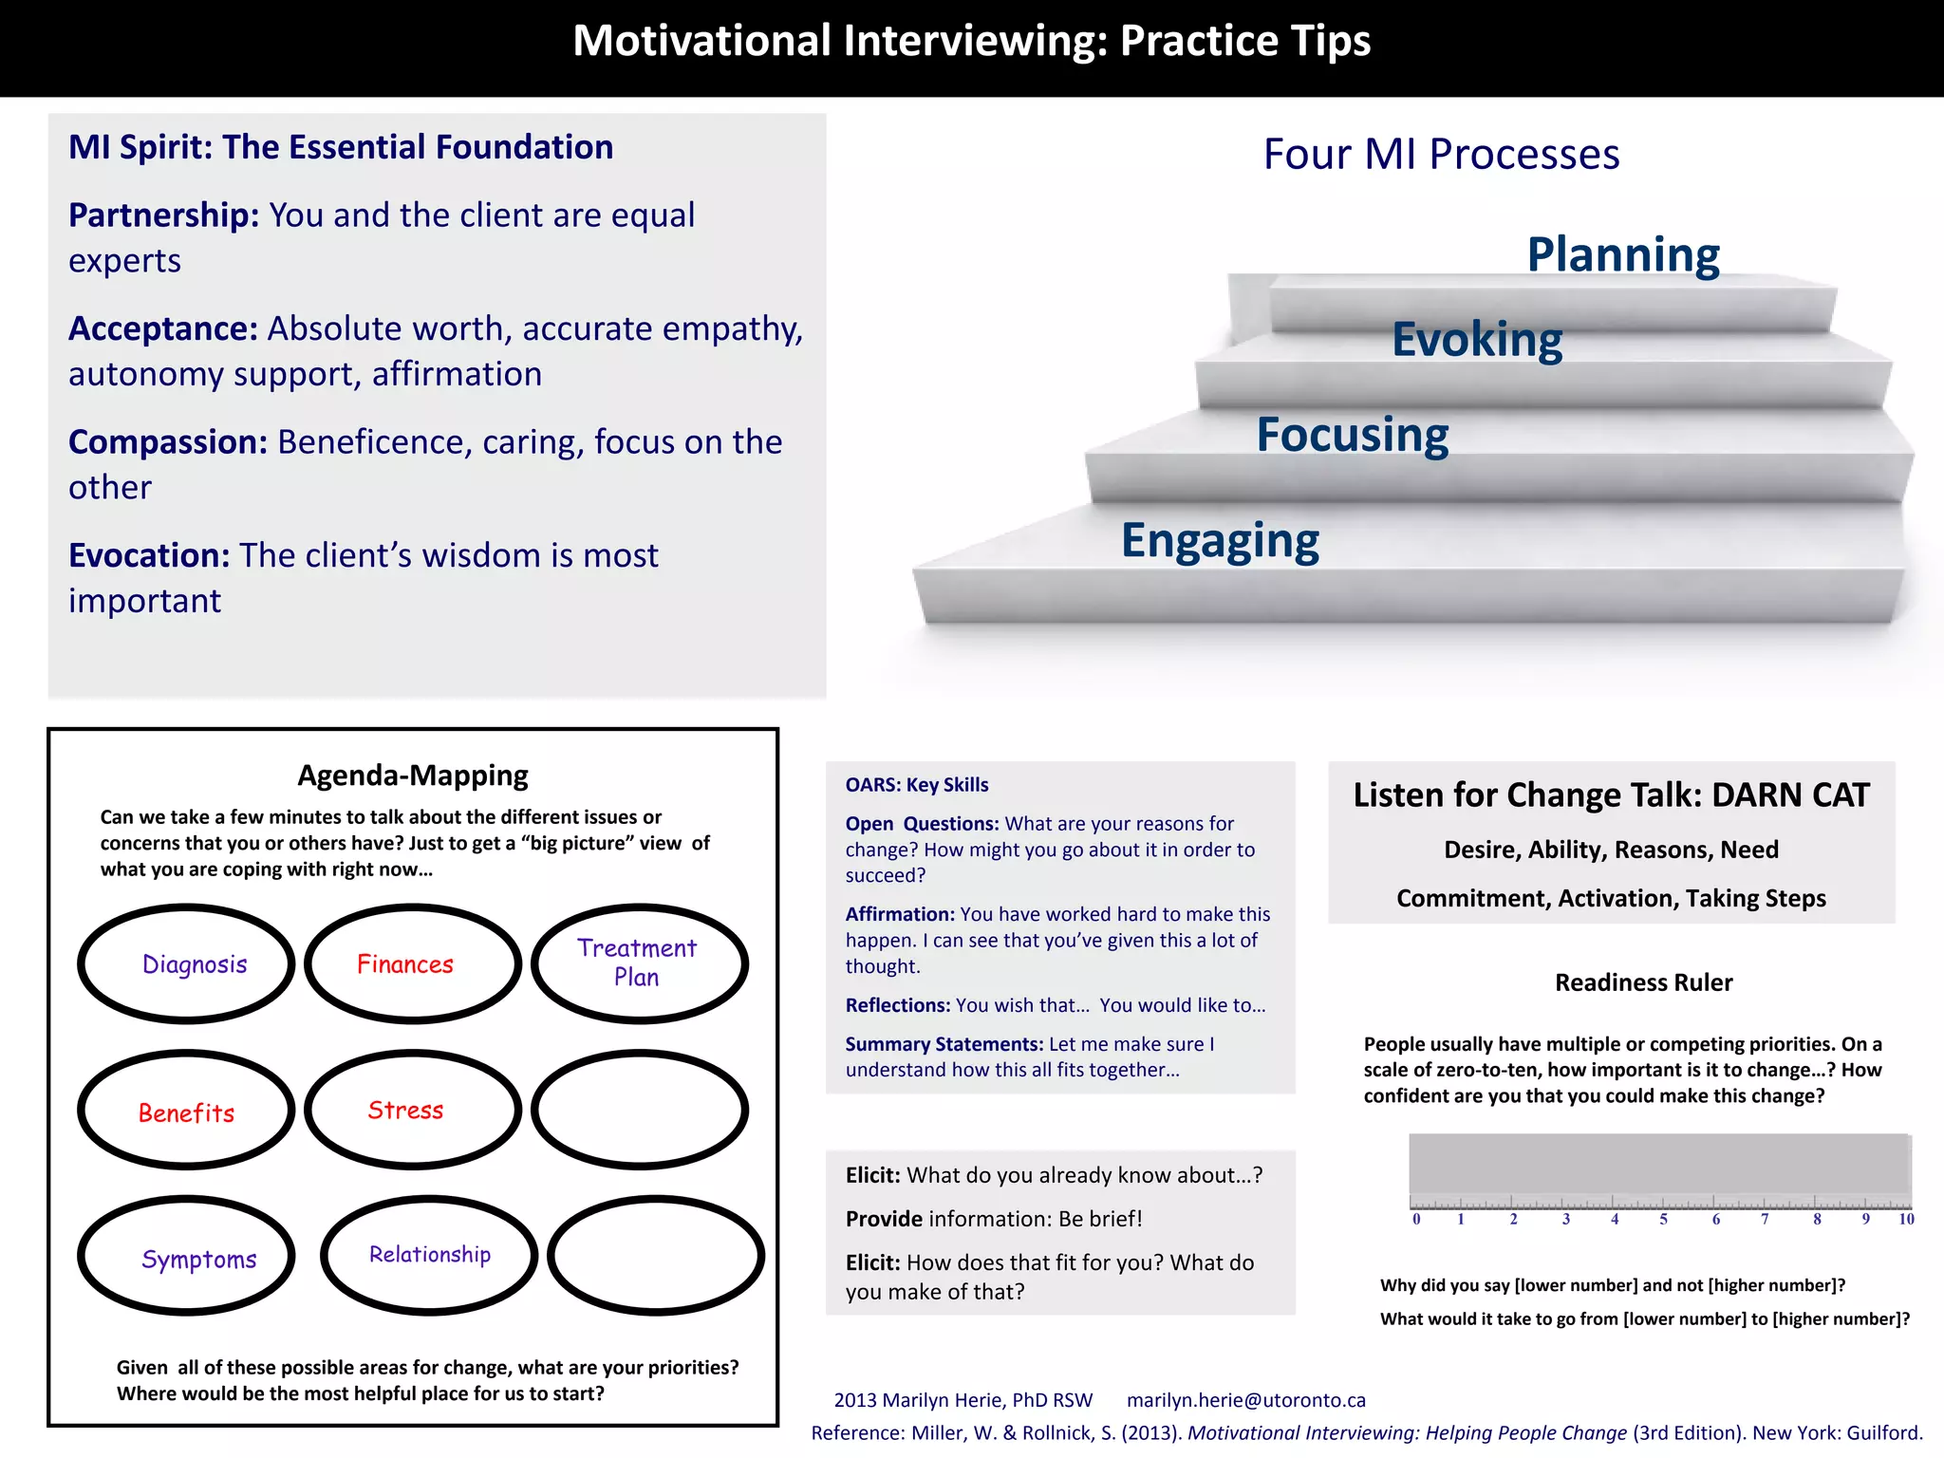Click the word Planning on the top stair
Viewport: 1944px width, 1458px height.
click(x=1622, y=254)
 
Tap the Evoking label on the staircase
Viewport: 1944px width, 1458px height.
click(x=1476, y=340)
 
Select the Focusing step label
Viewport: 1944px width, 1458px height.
click(x=1352, y=435)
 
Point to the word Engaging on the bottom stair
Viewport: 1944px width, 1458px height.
click(x=1220, y=540)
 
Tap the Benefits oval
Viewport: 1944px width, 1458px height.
click(x=187, y=1112)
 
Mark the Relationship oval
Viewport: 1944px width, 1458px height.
click(x=429, y=1255)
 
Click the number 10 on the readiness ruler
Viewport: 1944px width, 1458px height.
click(x=1906, y=1220)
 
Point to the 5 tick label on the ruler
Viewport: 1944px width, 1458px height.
click(x=1663, y=1220)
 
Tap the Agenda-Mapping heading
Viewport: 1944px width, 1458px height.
click(x=413, y=776)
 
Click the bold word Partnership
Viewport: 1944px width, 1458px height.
click(x=163, y=215)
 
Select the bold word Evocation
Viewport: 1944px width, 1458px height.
click(x=149, y=555)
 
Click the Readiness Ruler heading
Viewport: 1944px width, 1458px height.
click(x=1643, y=982)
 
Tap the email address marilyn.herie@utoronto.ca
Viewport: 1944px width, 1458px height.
click(x=1245, y=1400)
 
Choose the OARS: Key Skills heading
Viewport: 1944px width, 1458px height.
click(x=916, y=785)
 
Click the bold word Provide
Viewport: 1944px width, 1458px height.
click(x=884, y=1219)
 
